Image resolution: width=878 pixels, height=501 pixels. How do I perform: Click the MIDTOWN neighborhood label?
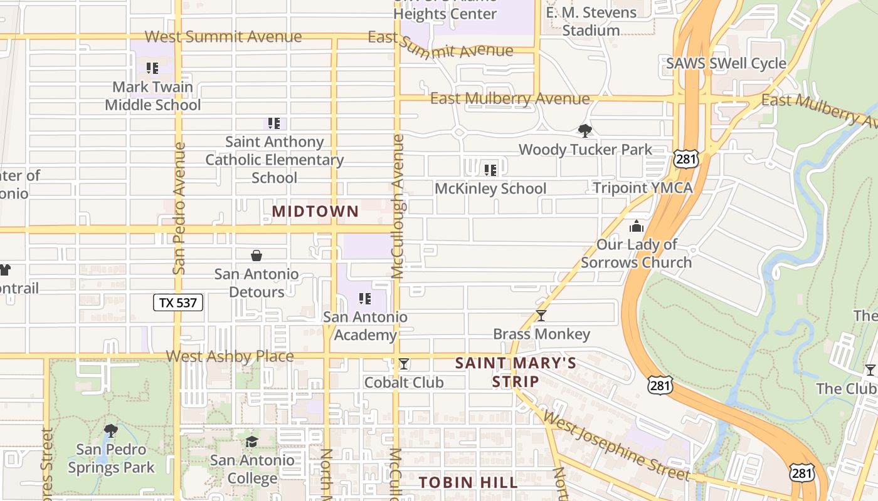pyautogui.click(x=315, y=212)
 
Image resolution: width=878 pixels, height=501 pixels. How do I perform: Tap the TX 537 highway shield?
pyautogui.click(x=178, y=303)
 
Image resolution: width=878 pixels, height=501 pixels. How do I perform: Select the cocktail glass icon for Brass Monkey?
pyautogui.click(x=541, y=316)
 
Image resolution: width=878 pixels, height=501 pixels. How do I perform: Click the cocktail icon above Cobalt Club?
pyautogui.click(x=404, y=364)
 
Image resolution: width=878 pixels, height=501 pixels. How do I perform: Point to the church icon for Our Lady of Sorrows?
pyautogui.click(x=637, y=226)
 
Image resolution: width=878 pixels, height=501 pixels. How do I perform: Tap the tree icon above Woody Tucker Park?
pyautogui.click(x=584, y=131)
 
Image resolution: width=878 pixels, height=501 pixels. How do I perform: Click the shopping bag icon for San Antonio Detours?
pyautogui.click(x=256, y=256)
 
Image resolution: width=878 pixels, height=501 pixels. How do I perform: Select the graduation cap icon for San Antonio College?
pyautogui.click(x=251, y=442)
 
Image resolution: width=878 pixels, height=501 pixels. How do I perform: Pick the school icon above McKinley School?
pyautogui.click(x=490, y=170)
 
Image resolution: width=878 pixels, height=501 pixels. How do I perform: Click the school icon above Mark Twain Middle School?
pyautogui.click(x=152, y=68)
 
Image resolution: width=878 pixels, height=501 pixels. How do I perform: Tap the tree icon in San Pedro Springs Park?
pyautogui.click(x=111, y=430)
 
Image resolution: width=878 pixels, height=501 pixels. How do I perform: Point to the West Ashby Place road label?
pyautogui.click(x=230, y=356)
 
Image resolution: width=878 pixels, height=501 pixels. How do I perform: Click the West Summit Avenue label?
pyautogui.click(x=223, y=36)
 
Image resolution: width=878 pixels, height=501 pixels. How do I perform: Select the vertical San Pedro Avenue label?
pyautogui.click(x=179, y=208)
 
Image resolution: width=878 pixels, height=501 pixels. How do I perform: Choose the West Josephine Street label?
pyautogui.click(x=616, y=445)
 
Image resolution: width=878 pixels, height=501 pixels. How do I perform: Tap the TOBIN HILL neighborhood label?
pyautogui.click(x=468, y=482)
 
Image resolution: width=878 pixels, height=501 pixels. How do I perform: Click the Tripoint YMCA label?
pyautogui.click(x=643, y=188)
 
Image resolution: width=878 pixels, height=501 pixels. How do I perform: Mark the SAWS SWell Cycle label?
pyautogui.click(x=726, y=63)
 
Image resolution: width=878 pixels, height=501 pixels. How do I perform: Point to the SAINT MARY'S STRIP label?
pyautogui.click(x=516, y=372)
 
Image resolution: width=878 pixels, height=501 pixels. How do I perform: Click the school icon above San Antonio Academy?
pyautogui.click(x=364, y=299)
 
